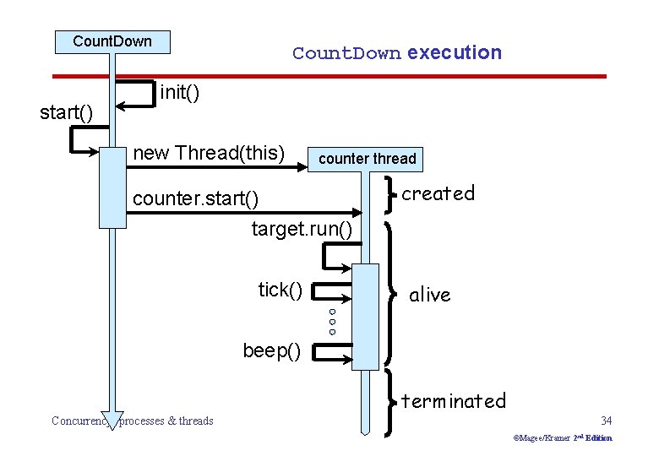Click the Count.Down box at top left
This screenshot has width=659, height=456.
[112, 41]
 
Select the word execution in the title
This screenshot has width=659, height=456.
[454, 52]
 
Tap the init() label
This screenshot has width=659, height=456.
[179, 91]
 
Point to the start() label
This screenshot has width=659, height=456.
[66, 112]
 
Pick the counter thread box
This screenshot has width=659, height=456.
[367, 159]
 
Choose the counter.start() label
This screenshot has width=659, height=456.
[195, 199]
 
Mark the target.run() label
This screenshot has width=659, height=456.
[302, 229]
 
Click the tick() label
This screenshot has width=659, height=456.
[280, 290]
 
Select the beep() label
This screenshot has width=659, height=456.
[271, 350]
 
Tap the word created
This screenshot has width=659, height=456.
[438, 193]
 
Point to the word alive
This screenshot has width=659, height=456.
[429, 295]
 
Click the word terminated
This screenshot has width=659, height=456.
[453, 400]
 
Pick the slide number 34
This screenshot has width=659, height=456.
[605, 421]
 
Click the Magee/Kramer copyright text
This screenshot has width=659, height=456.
[562, 438]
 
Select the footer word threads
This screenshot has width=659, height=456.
[195, 421]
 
